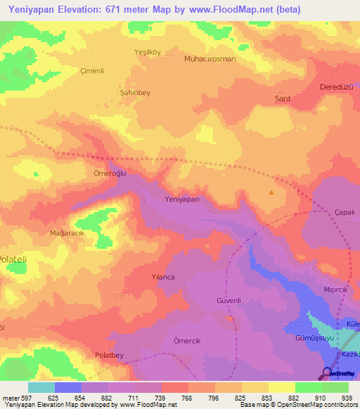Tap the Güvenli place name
pos(228,300)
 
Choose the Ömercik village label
pos(187,340)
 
